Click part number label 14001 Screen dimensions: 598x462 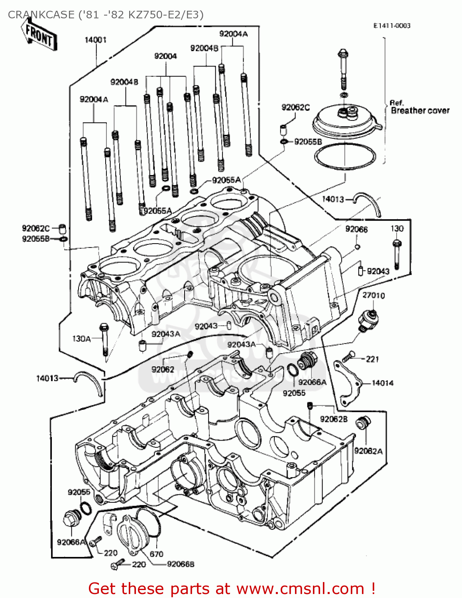click(96, 40)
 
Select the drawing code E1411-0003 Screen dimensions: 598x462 click(391, 26)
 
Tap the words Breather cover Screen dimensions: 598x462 click(420, 111)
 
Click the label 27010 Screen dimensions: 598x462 click(374, 295)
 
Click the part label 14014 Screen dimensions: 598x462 click(382, 383)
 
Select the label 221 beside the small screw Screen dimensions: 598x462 click(372, 359)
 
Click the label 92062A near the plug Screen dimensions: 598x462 click(368, 451)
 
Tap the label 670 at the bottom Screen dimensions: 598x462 click(156, 554)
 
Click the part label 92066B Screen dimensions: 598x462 click(181, 564)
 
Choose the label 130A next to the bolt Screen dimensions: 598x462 click(81, 339)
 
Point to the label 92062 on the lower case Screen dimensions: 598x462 click(163, 370)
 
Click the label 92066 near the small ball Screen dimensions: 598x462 click(356, 229)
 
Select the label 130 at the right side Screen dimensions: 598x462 click(397, 229)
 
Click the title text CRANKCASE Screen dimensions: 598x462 click(41, 15)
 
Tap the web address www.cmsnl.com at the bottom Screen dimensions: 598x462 click(301, 589)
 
